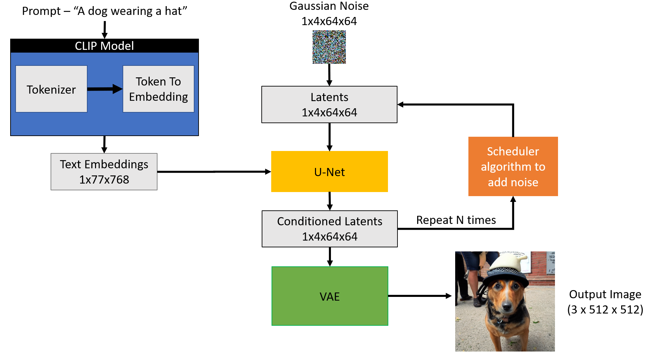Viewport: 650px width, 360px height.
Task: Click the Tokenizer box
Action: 51,89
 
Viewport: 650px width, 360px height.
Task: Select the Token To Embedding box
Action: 158,89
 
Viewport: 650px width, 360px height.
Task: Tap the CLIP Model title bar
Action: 104,46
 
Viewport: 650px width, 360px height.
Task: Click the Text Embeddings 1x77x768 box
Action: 104,172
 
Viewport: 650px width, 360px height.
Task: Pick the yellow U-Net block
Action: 329,172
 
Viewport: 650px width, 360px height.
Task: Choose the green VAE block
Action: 330,296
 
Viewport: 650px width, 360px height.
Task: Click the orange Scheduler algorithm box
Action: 513,166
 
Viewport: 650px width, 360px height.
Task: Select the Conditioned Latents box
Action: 330,229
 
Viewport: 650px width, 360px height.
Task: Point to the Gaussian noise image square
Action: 329,47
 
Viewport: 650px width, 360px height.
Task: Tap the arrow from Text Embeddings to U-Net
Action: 214,172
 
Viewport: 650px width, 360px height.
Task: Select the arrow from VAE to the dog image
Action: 420,296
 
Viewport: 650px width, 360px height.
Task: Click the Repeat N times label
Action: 456,220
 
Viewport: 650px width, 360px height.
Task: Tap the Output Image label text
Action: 605,294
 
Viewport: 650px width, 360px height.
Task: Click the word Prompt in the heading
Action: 41,11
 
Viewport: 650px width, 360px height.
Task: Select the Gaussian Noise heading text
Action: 329,6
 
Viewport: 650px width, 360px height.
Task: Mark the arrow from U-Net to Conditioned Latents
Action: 330,201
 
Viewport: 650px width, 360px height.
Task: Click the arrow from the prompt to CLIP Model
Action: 105,30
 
